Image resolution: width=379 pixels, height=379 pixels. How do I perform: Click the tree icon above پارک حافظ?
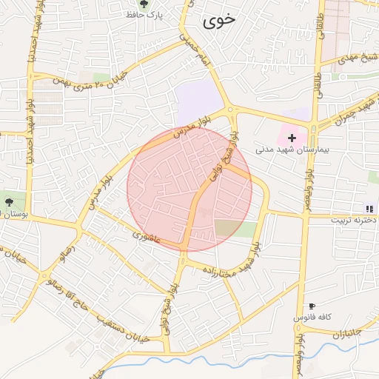click(134, 4)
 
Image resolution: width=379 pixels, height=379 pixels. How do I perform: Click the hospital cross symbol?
click(292, 137)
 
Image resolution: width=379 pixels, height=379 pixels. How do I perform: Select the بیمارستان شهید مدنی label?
click(282, 149)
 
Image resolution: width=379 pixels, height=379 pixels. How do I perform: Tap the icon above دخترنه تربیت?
click(369, 209)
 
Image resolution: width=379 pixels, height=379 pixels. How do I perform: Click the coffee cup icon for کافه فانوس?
click(312, 306)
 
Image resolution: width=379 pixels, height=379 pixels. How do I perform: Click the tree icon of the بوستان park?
click(8, 201)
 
